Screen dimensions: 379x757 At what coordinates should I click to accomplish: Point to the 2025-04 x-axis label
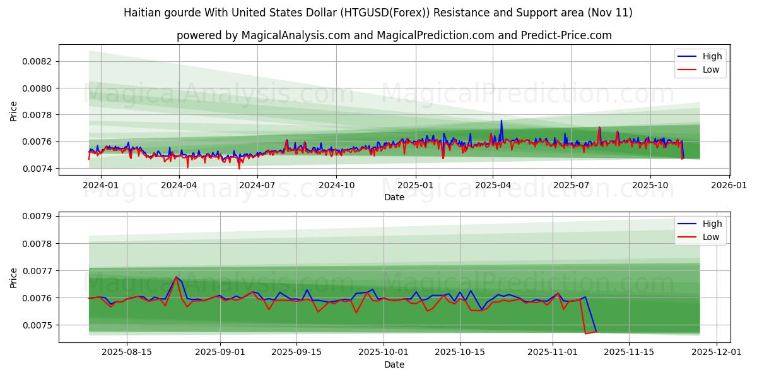click(492, 185)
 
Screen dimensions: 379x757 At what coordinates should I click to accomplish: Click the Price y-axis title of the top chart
click(14, 111)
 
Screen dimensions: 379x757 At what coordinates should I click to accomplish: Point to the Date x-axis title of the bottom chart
click(394, 364)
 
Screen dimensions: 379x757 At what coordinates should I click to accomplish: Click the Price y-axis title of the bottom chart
click(14, 277)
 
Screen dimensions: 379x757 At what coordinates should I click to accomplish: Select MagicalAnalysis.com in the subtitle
click(295, 35)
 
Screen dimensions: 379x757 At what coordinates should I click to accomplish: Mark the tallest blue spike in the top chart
click(502, 121)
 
